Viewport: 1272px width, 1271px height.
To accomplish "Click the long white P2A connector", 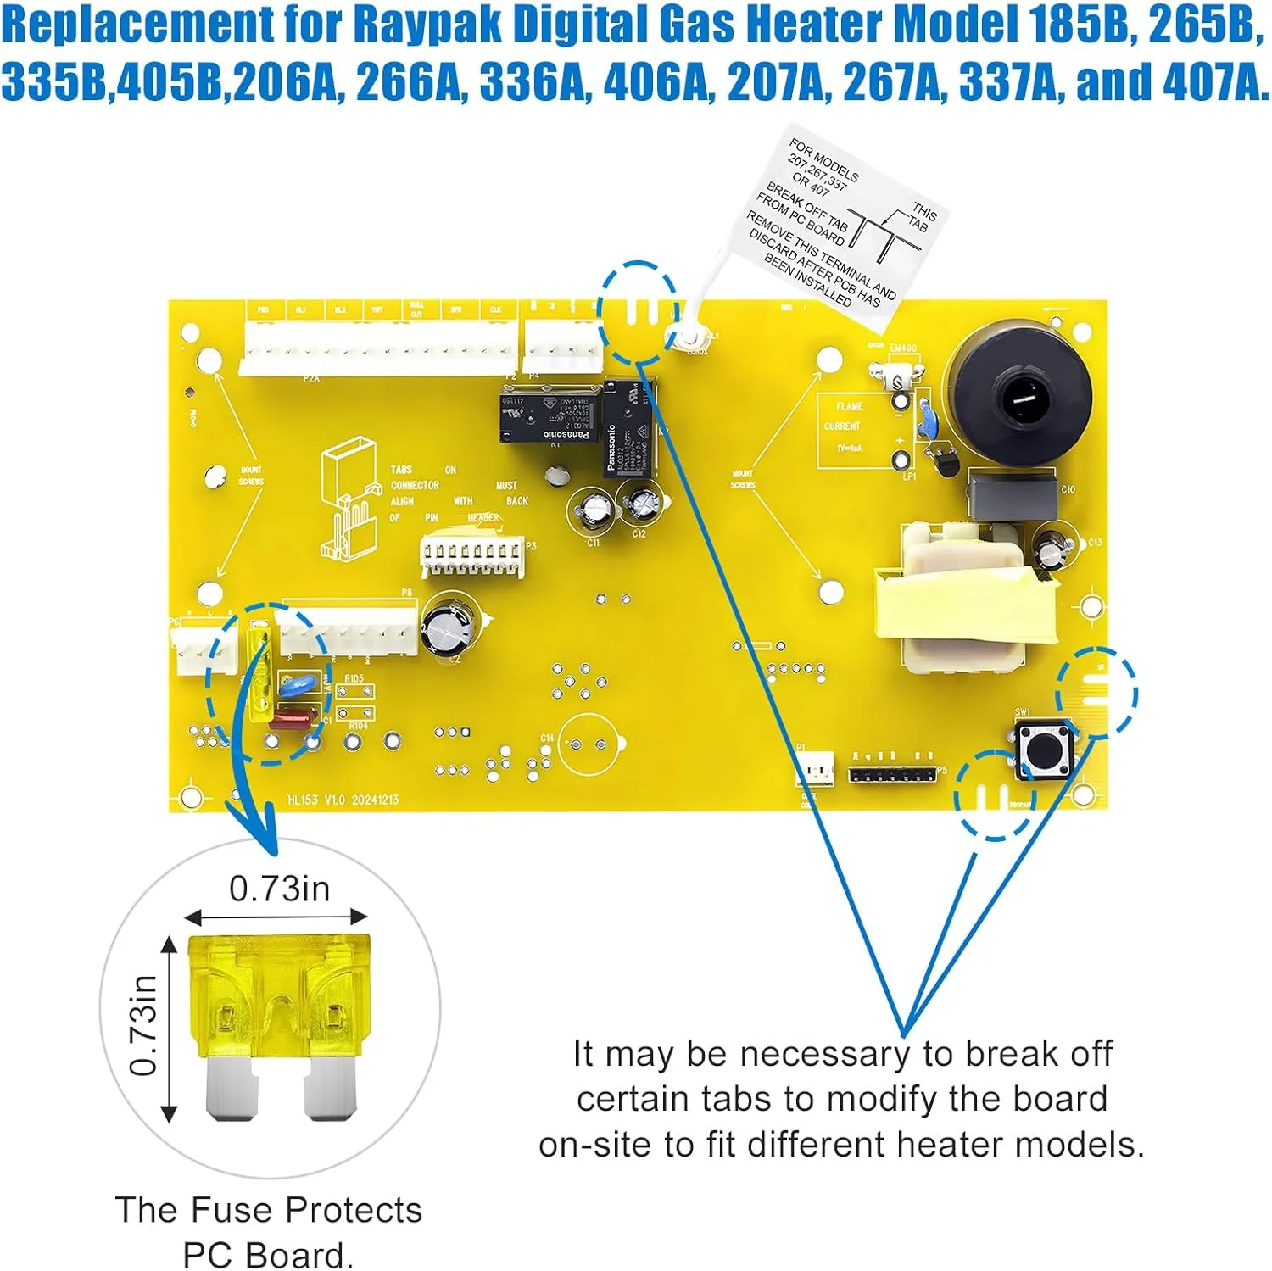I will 378,348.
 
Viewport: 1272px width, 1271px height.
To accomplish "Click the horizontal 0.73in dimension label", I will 279,889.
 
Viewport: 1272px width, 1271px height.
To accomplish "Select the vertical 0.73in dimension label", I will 144,1025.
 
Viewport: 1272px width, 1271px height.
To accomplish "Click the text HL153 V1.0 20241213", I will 343,800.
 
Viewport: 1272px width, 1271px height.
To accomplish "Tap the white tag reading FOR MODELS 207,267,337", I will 840,225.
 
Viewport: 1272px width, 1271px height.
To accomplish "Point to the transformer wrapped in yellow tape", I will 971,598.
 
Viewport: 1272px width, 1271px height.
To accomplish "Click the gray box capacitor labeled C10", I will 1013,495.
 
